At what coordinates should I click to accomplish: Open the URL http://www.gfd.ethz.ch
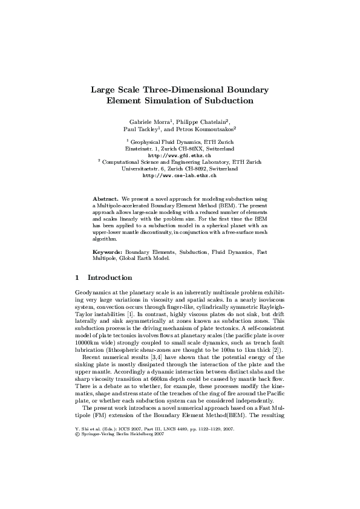click(x=180, y=155)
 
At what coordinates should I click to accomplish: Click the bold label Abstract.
click(x=105, y=199)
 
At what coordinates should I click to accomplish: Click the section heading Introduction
click(x=110, y=278)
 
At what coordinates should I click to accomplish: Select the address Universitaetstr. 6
click(x=147, y=169)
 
